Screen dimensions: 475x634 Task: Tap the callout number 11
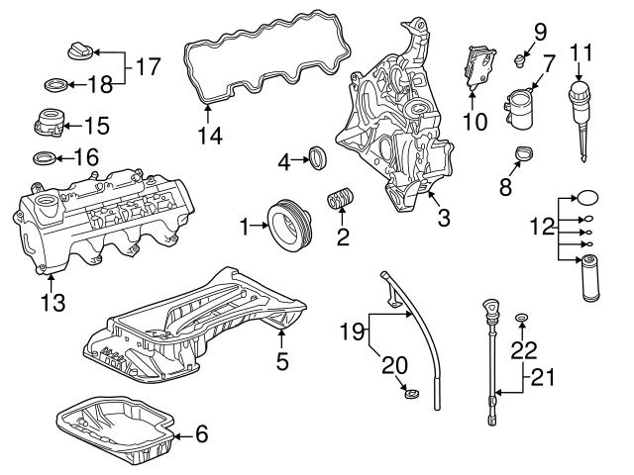pyautogui.click(x=581, y=51)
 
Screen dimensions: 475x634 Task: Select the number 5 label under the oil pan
pyautogui.click(x=282, y=362)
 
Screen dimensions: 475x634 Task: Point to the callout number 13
pyautogui.click(x=53, y=301)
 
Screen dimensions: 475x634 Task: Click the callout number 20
pyautogui.click(x=393, y=364)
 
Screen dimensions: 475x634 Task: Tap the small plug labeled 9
pyautogui.click(x=516, y=62)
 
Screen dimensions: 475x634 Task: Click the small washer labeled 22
pyautogui.click(x=522, y=319)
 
